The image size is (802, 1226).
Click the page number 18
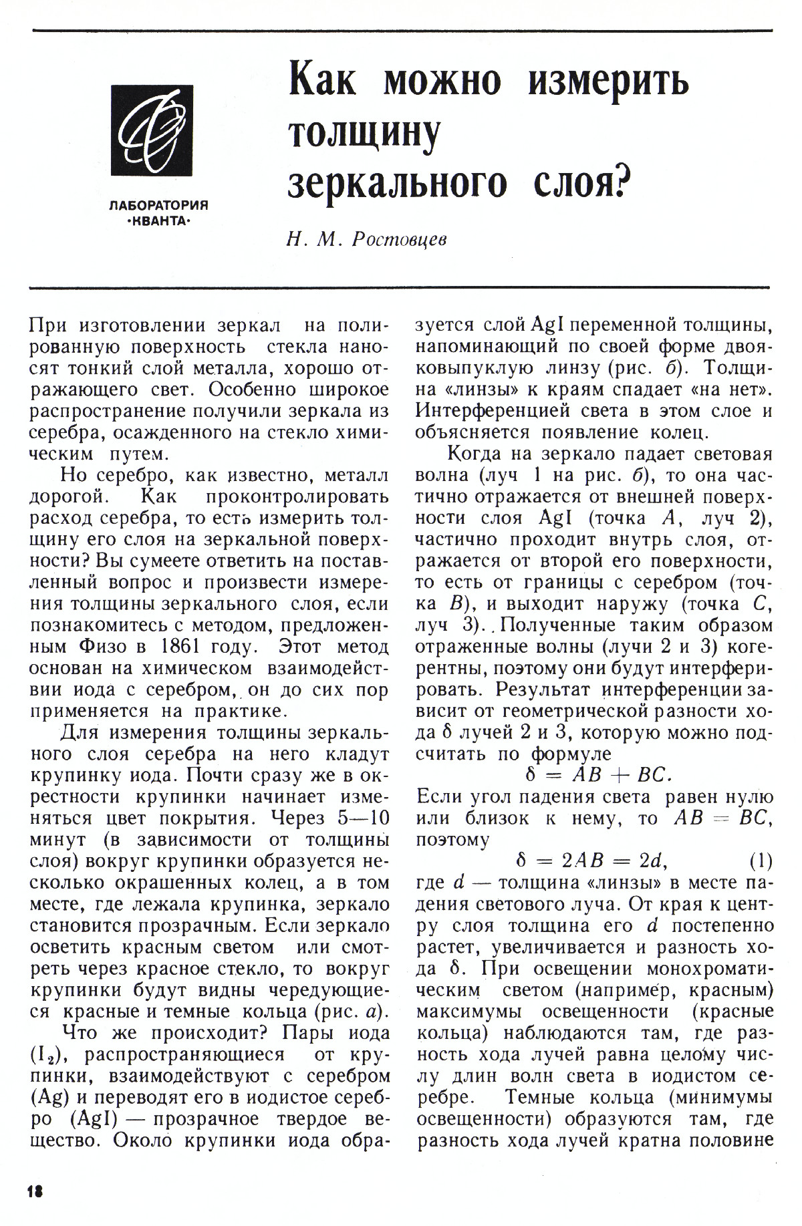coord(35,1189)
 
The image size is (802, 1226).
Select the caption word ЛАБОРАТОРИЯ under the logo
coord(158,206)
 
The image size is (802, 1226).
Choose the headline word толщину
coord(364,134)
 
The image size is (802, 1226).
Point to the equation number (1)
coord(760,861)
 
